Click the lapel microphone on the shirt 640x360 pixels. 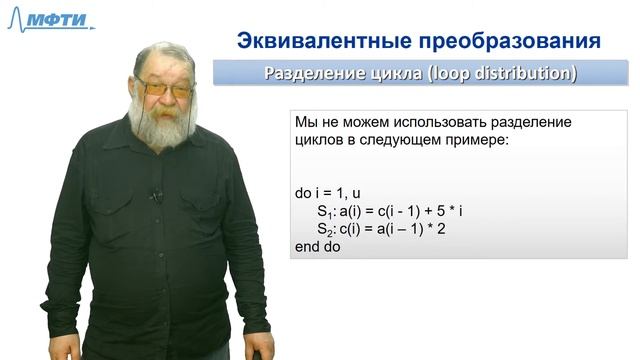point(156,195)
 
